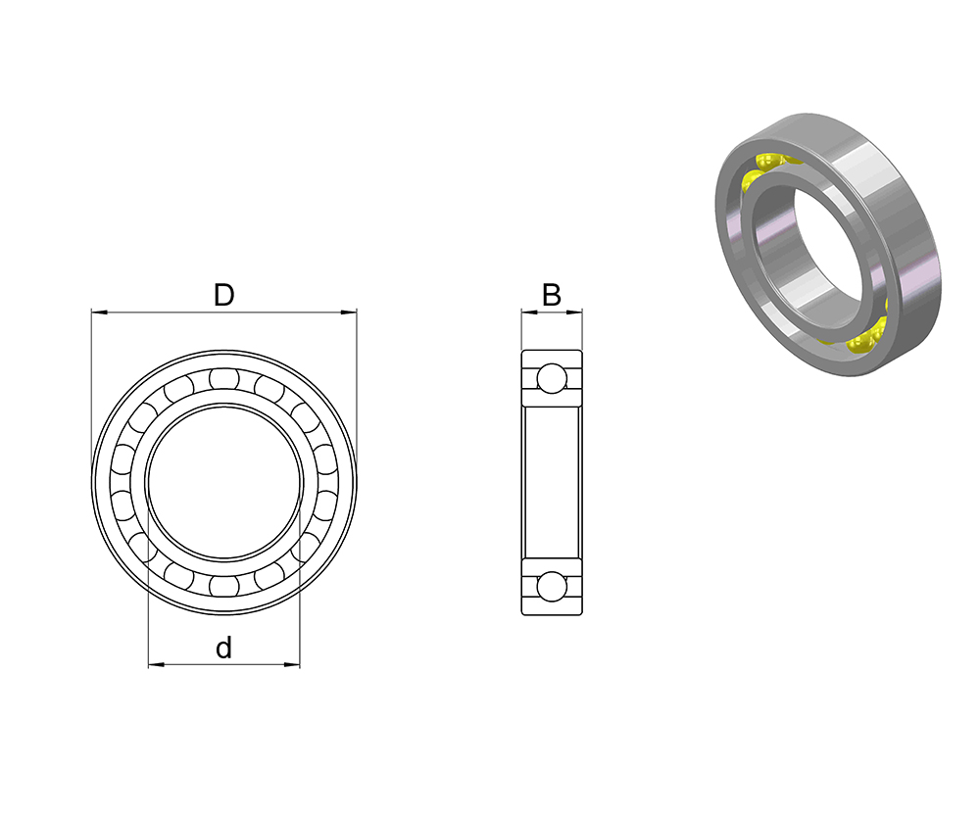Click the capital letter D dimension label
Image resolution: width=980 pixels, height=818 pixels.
pyautogui.click(x=224, y=294)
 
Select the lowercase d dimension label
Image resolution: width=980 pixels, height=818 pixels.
pyautogui.click(x=224, y=648)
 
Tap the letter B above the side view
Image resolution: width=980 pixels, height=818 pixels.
pyautogui.click(x=552, y=294)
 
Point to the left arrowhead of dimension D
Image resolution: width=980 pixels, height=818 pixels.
pyautogui.click(x=97, y=313)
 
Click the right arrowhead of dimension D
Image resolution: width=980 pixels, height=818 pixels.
pyautogui.click(x=350, y=313)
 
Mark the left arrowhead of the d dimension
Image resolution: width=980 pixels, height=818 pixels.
pyautogui.click(x=155, y=666)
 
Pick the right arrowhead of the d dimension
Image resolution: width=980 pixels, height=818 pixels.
pyautogui.click(x=293, y=666)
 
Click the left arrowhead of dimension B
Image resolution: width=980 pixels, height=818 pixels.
pyautogui.click(x=527, y=313)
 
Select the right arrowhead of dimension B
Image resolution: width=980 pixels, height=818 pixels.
pyautogui.click(x=576, y=313)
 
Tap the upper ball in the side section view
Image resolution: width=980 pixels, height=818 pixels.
pyautogui.click(x=552, y=378)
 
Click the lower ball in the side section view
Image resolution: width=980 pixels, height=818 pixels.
pyautogui.click(x=552, y=587)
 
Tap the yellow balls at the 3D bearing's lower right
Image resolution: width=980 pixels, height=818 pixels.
pyautogui.click(x=867, y=338)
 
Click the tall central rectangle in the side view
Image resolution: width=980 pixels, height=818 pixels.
pyautogui.click(x=552, y=482)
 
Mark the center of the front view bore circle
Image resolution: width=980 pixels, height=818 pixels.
pyautogui.click(x=224, y=482)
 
